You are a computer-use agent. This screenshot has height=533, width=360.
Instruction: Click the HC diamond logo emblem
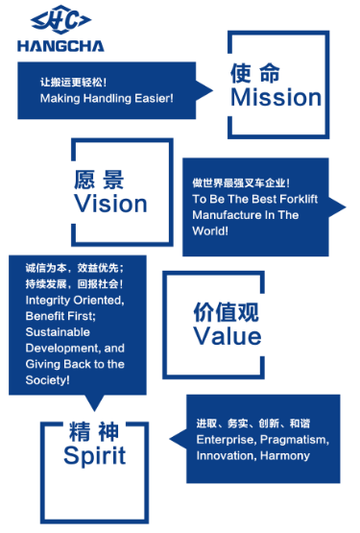pyautogui.click(x=60, y=20)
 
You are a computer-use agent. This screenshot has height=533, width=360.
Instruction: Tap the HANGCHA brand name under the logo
pyautogui.click(x=60, y=46)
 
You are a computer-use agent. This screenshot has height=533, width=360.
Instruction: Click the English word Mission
pyautogui.click(x=276, y=97)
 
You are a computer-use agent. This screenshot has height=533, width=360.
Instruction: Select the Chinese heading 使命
pyautogui.click(x=255, y=73)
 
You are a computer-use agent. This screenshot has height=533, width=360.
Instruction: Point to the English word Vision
pyautogui.click(x=110, y=204)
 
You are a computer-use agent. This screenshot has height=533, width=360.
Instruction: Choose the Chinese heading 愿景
pyautogui.click(x=99, y=180)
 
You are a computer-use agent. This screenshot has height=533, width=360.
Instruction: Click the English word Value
pyautogui.click(x=228, y=336)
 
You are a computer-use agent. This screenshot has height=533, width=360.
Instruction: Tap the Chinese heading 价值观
pyautogui.click(x=226, y=311)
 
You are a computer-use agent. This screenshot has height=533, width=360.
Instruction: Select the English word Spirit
pyautogui.click(x=94, y=456)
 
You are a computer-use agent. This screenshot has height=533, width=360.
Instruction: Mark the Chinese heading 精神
pyautogui.click(x=94, y=431)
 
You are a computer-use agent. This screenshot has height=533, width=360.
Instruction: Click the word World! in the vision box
pyautogui.click(x=210, y=230)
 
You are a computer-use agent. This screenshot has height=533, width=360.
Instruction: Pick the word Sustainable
pyautogui.click(x=58, y=331)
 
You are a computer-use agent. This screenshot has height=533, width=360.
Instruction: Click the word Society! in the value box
pyautogui.click(x=48, y=380)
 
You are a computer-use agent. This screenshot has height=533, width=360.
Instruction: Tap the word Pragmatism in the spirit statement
pyautogui.click(x=295, y=440)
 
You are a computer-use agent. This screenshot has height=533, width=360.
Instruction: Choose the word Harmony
pyautogui.click(x=285, y=455)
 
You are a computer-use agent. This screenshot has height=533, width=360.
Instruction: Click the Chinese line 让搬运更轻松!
pyautogui.click(x=73, y=83)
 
